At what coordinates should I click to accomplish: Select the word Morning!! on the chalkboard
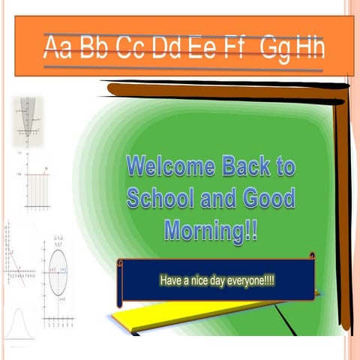click(211, 230)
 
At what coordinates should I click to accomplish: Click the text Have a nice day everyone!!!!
click(217, 280)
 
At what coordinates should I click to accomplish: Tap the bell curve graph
click(19, 322)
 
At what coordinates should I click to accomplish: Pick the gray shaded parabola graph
click(28, 120)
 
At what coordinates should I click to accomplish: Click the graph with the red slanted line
click(19, 262)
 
